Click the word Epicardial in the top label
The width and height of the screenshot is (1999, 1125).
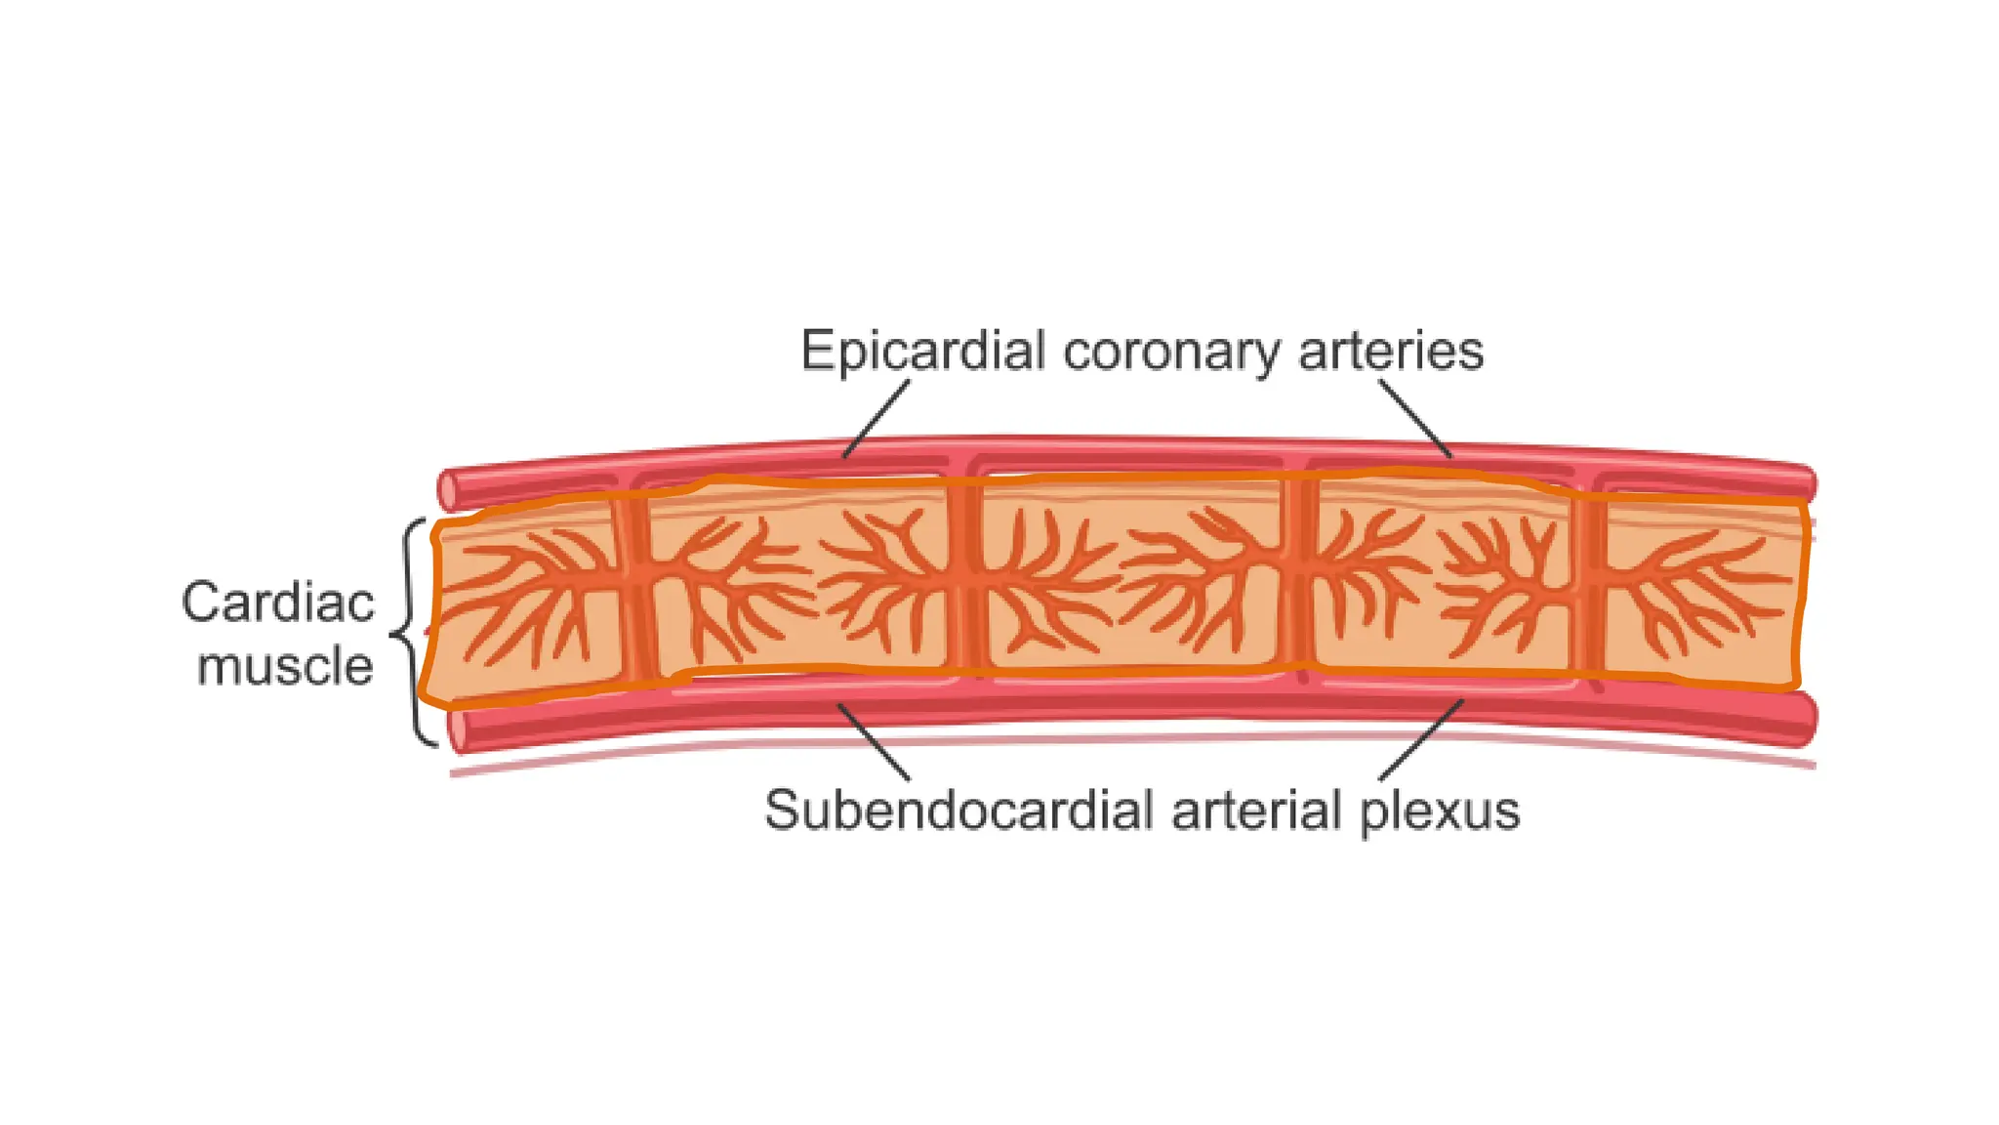922,352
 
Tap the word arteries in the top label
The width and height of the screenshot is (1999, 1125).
1391,352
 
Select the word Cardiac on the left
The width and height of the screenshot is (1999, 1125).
278,603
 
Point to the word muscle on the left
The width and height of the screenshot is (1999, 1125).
285,667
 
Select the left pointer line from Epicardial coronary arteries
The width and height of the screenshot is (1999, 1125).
876,420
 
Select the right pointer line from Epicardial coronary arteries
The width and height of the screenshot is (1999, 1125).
1415,420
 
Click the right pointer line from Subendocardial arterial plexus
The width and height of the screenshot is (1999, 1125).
1421,740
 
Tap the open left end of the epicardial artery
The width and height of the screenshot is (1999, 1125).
449,490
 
